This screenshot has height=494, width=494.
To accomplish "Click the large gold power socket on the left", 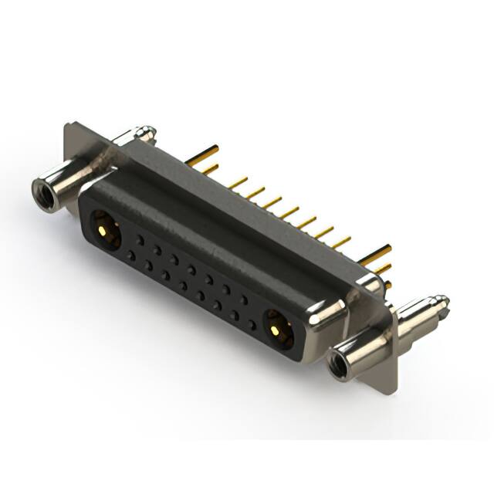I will pos(104,229).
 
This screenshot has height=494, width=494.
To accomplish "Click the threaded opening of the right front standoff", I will pos(338,366).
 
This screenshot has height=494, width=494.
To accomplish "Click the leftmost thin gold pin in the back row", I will pos(238,183).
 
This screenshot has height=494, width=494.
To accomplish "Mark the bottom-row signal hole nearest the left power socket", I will pos(131,255).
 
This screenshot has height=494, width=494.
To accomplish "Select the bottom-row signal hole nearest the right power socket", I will pos(251,324).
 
